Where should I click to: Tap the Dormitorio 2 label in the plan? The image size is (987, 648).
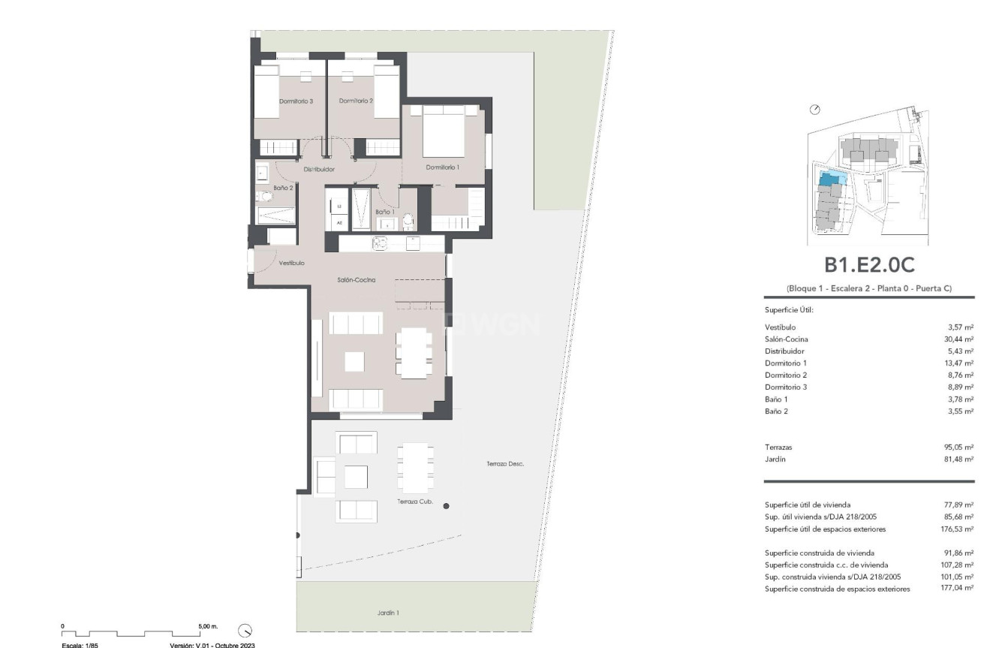356,101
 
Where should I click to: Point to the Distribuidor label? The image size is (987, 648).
318,170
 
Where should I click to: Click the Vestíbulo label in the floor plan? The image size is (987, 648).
291,264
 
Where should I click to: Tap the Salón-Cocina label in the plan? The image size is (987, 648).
356,280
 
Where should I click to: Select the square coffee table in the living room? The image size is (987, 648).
355,361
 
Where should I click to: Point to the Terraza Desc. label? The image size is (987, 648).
504,464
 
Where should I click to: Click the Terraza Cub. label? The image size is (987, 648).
414,501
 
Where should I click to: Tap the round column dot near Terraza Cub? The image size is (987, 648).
446,506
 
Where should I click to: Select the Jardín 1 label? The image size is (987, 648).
387,613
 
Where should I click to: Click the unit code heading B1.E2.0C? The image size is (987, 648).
868,265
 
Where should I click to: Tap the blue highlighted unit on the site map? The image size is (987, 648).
831,179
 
